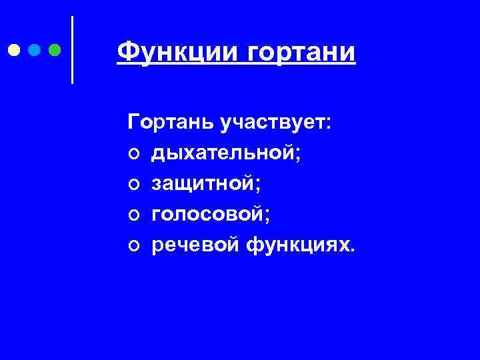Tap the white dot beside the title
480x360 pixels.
point(14,49)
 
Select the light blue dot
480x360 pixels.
point(35,49)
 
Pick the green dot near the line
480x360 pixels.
point(55,49)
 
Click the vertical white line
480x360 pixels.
point(71,49)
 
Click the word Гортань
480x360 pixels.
point(164,123)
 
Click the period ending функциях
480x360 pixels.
point(353,252)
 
